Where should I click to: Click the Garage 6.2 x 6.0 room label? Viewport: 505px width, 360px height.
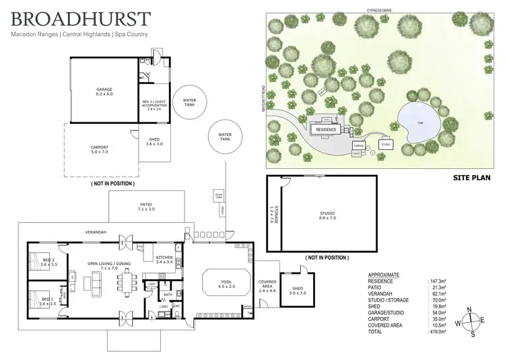click(x=104, y=91)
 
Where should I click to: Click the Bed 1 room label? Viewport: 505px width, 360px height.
click(x=46, y=301)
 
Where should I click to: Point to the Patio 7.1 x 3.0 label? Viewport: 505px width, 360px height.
click(x=146, y=207)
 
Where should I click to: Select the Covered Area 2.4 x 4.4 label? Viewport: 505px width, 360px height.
click(x=266, y=285)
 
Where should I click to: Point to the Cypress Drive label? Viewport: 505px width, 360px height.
click(x=380, y=11)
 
